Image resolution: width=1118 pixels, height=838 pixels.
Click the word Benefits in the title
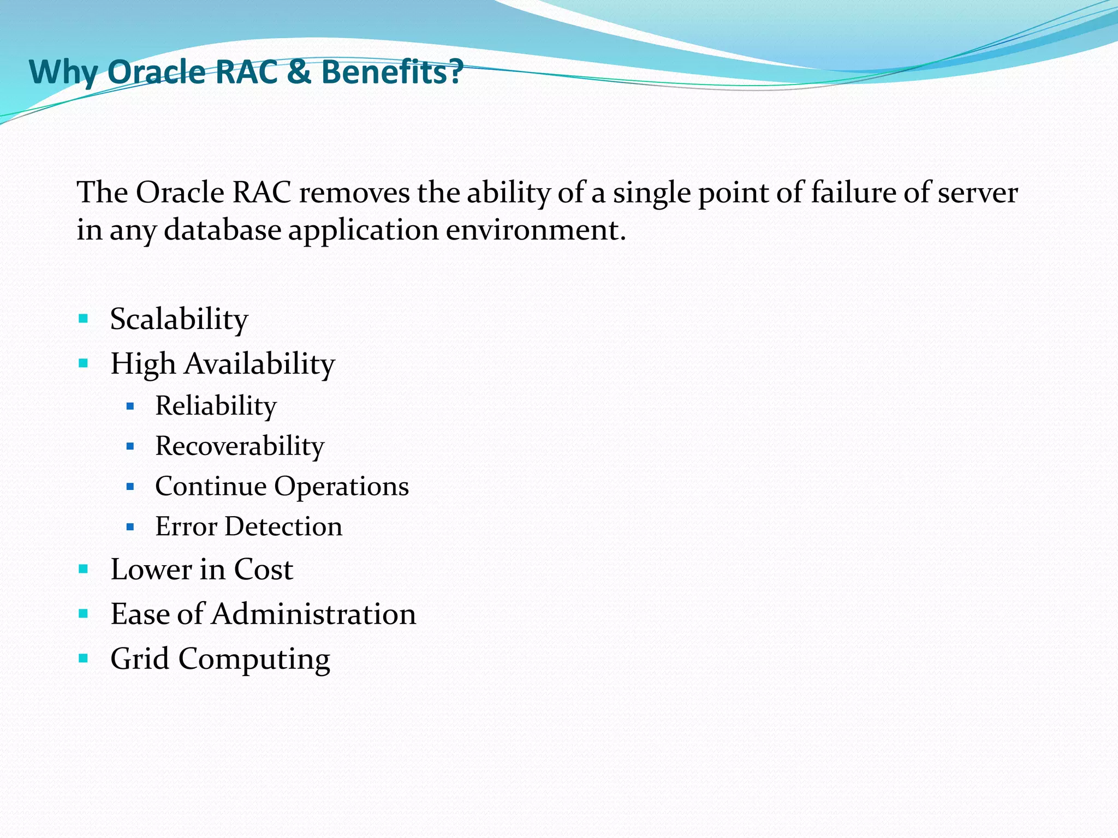(x=392, y=71)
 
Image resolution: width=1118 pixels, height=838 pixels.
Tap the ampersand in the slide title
(x=299, y=71)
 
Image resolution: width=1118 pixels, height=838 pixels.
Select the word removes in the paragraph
(x=354, y=193)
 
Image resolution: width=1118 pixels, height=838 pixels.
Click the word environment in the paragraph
(x=535, y=230)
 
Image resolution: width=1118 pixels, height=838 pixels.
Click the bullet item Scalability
(x=179, y=319)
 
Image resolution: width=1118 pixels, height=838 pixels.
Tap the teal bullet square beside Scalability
(x=83, y=319)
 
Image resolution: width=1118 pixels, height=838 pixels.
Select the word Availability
(x=259, y=363)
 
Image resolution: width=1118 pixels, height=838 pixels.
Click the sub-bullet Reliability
(x=216, y=406)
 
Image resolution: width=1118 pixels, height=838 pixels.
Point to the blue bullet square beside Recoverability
(x=130, y=446)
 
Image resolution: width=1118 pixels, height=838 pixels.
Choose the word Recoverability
(x=240, y=446)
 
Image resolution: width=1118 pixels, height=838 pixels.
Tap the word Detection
(x=283, y=526)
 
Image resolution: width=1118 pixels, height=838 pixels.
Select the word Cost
(x=263, y=569)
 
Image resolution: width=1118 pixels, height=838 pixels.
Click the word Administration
(x=314, y=614)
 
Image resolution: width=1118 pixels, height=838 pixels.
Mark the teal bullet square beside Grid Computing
(x=83, y=659)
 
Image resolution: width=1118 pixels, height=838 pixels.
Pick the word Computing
(x=254, y=659)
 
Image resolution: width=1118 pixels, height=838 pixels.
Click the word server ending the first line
(x=978, y=193)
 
